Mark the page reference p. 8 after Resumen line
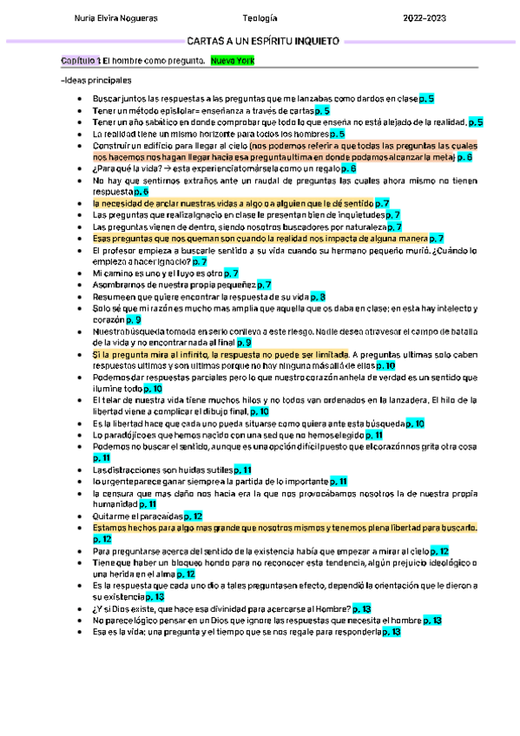[317, 296]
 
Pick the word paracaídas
[156, 516]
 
